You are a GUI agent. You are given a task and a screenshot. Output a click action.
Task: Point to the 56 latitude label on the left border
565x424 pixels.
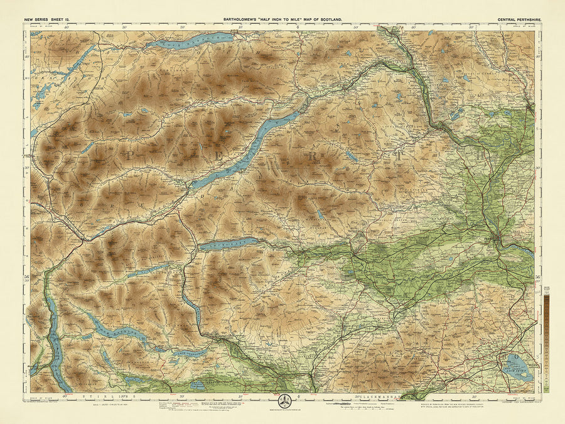[x=27, y=276]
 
